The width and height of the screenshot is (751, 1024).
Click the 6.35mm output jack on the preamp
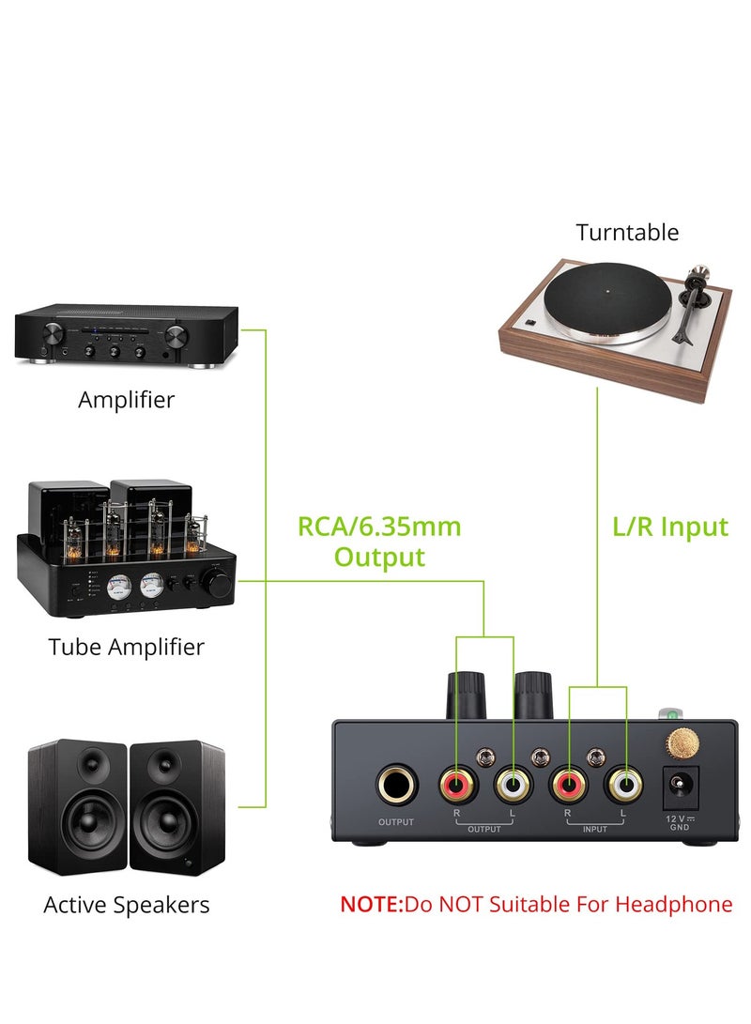396,785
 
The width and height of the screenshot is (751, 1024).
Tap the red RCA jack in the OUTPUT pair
456,783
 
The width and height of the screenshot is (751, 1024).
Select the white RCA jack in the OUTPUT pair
513,783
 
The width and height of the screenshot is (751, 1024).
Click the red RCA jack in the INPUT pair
570,783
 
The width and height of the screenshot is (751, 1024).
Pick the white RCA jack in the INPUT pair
624,783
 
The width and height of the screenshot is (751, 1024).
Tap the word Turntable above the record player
627,232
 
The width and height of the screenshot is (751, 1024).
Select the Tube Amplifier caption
126,647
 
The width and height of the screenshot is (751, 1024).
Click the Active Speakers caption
126,905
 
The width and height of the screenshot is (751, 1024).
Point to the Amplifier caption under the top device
126,399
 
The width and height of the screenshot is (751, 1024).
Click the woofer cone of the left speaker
77,827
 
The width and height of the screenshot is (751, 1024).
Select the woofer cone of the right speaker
177,827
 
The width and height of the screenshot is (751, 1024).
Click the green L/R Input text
670,527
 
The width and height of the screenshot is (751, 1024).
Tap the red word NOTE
370,905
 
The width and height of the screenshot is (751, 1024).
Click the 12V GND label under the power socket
680,823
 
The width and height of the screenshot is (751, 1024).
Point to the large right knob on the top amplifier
176,339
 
